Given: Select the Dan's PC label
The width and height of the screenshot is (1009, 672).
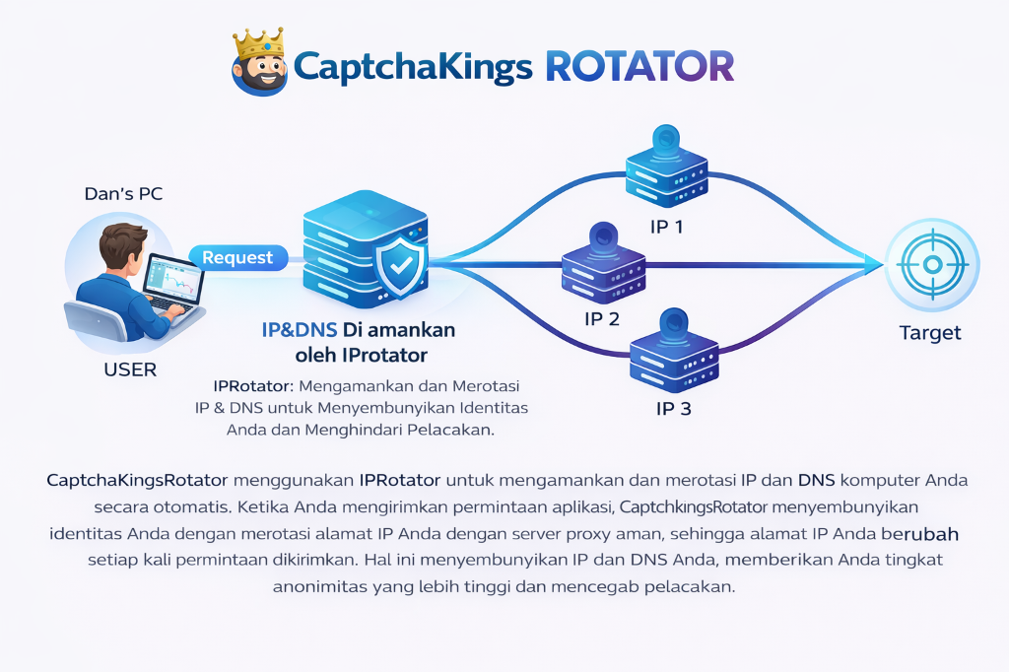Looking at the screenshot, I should (x=123, y=194).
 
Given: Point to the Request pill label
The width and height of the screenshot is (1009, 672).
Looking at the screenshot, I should (x=237, y=258).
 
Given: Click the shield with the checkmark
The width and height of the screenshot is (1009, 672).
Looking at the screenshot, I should (x=403, y=267).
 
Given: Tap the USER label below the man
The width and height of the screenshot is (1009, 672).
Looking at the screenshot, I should (x=130, y=370).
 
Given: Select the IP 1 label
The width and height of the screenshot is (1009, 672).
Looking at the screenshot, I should (x=666, y=227).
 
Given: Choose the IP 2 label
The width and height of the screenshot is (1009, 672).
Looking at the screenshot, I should (x=601, y=318).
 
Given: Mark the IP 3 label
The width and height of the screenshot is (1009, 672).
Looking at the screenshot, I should (x=673, y=408).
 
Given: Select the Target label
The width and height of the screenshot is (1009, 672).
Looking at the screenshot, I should (x=930, y=333).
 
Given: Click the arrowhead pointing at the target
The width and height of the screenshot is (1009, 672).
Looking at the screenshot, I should (x=873, y=263).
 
